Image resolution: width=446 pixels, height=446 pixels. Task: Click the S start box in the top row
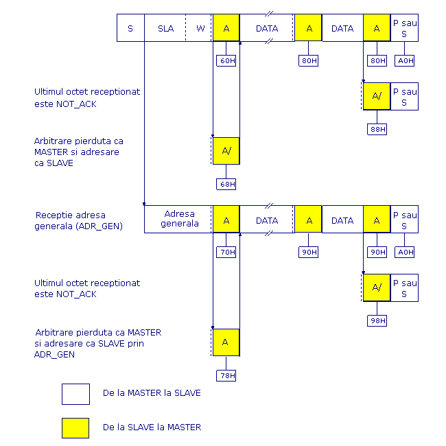pyautogui.click(x=130, y=28)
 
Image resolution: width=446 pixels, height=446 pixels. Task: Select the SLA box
pyautogui.click(x=165, y=28)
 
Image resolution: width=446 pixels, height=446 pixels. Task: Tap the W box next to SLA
pyautogui.click(x=199, y=28)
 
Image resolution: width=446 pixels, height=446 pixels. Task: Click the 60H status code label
pyautogui.click(x=226, y=60)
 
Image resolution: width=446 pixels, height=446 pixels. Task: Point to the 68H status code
pyautogui.click(x=226, y=184)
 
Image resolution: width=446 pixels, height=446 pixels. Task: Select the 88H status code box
pyautogui.click(x=377, y=130)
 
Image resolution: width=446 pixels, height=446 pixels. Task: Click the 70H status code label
pyautogui.click(x=226, y=252)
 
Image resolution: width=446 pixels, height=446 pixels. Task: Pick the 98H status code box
pyautogui.click(x=377, y=321)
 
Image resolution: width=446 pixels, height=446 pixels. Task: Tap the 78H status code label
pyautogui.click(x=226, y=375)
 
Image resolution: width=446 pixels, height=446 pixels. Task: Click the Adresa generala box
pyautogui.click(x=178, y=220)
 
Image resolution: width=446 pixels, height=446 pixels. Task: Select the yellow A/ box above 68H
pyautogui.click(x=226, y=151)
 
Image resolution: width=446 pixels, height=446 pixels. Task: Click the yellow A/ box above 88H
pyautogui.click(x=377, y=96)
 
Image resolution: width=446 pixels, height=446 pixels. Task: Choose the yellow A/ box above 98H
pyautogui.click(x=377, y=287)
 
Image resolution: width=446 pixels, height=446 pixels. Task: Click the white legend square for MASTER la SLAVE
pyautogui.click(x=75, y=394)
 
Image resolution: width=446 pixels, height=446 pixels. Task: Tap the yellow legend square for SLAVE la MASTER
pyautogui.click(x=75, y=428)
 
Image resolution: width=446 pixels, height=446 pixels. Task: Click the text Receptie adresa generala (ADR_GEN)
pyautogui.click(x=78, y=220)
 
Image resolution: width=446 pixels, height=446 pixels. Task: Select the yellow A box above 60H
pyautogui.click(x=226, y=27)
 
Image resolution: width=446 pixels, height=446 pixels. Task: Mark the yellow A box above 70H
pyautogui.click(x=226, y=220)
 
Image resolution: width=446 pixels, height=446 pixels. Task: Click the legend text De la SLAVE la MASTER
pyautogui.click(x=152, y=427)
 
